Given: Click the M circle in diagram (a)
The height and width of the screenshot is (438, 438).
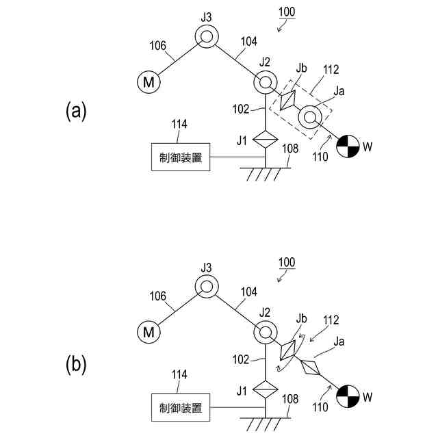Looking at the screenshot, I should pyautogui.click(x=149, y=83).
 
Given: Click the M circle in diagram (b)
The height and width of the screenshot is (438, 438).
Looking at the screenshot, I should pyautogui.click(x=149, y=333).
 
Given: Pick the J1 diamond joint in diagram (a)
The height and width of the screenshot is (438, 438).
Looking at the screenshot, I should pyautogui.click(x=263, y=140).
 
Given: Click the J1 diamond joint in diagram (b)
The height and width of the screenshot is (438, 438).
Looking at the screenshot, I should pyautogui.click(x=263, y=391).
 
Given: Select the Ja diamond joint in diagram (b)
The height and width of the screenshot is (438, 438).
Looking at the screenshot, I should pyautogui.click(x=310, y=368).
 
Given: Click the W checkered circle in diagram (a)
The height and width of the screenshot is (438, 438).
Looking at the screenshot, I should pyautogui.click(x=348, y=146).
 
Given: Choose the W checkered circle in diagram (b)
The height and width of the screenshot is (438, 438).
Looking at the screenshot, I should pyautogui.click(x=348, y=396).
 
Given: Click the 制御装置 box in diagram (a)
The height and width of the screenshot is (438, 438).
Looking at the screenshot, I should pyautogui.click(x=181, y=157).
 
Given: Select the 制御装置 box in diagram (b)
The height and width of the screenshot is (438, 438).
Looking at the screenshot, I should pyautogui.click(x=181, y=409).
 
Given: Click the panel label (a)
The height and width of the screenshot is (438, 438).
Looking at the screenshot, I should pyautogui.click(x=76, y=111).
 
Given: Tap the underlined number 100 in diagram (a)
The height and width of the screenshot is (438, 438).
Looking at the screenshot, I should pyautogui.click(x=288, y=12).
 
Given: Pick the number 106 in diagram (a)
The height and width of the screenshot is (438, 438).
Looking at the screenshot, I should pyautogui.click(x=158, y=47).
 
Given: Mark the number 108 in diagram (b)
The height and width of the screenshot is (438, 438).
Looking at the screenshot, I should pyautogui.click(x=289, y=398).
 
